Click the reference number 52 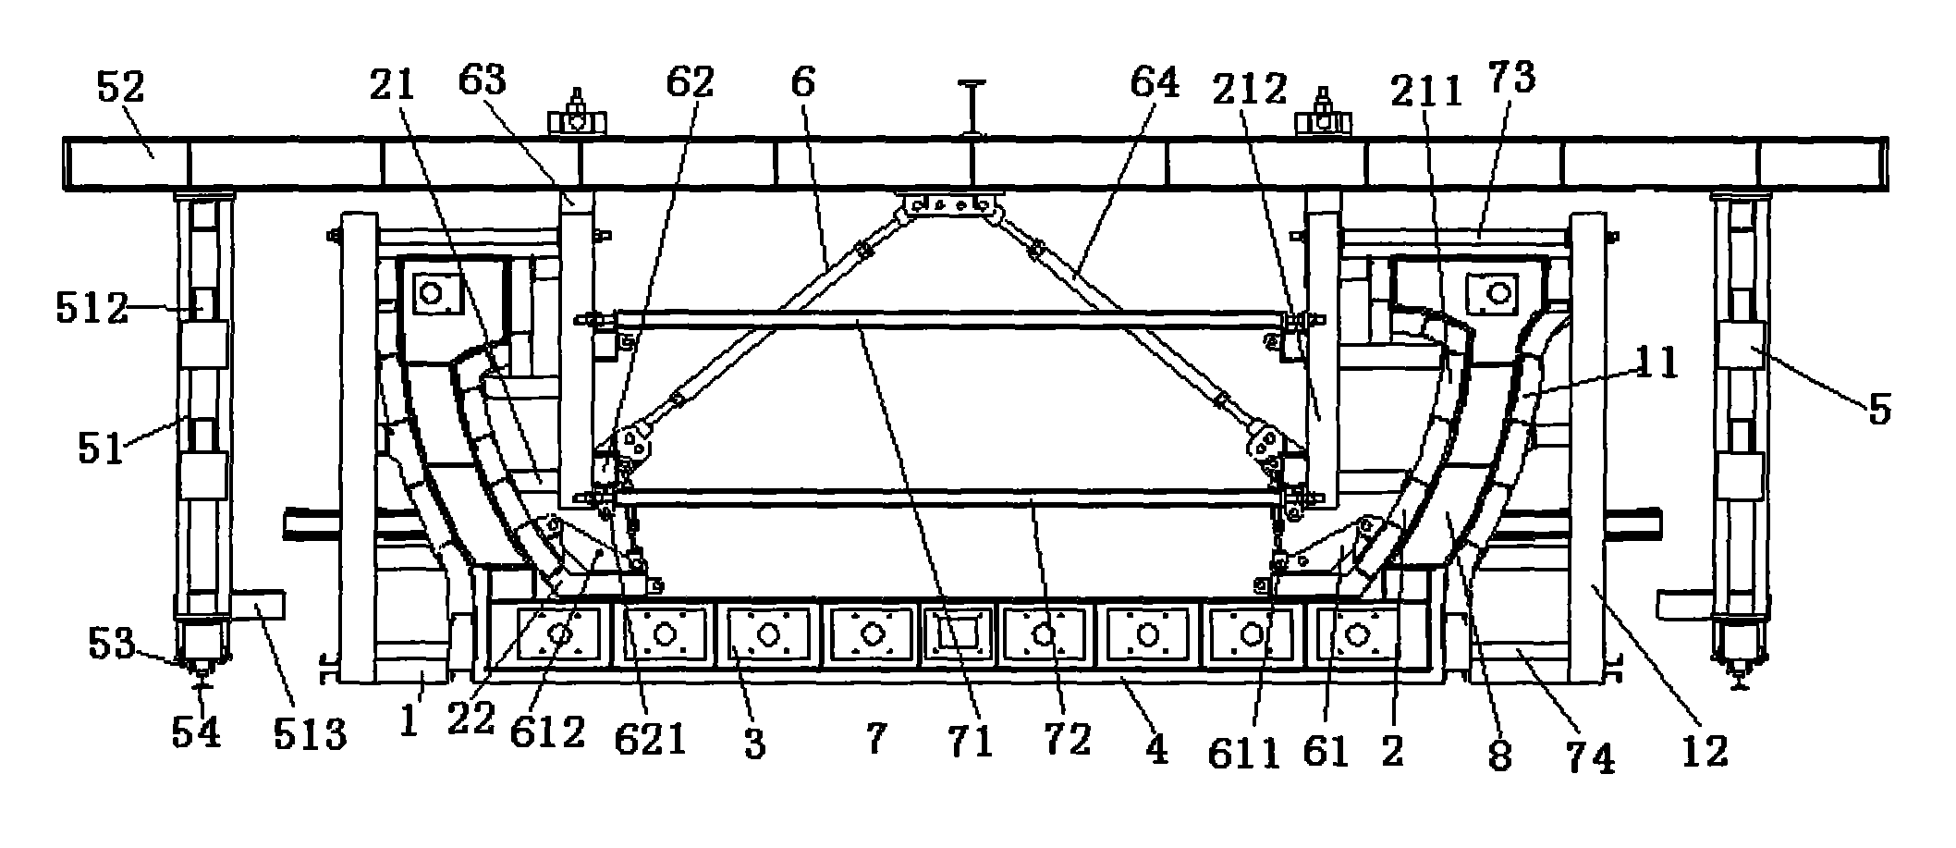tap(121, 90)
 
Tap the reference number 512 tap(91, 309)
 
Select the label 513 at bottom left tap(309, 735)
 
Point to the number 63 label tap(482, 82)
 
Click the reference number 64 tap(1155, 84)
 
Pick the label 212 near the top tap(1249, 90)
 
